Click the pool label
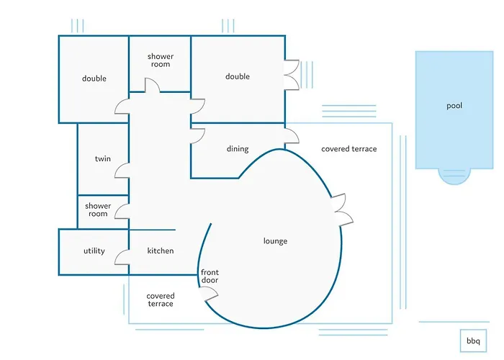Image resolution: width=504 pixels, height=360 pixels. tap(454, 106)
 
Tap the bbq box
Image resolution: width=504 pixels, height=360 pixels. tap(472, 341)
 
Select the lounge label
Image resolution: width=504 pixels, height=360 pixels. tap(275, 241)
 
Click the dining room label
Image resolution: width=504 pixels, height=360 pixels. tap(238, 149)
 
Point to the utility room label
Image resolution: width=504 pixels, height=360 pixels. tap(94, 251)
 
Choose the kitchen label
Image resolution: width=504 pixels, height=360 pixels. tap(161, 251)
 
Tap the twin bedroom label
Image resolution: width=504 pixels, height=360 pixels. tap(103, 158)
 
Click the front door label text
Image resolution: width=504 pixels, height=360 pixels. tap(210, 276)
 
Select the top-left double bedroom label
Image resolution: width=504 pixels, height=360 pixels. tap(94, 78)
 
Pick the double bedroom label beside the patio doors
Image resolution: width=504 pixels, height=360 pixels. tap(238, 76)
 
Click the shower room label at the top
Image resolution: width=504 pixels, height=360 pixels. tap(160, 60)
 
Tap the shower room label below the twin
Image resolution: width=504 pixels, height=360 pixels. tap(98, 210)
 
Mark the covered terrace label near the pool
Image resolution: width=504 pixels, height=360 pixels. tap(348, 149)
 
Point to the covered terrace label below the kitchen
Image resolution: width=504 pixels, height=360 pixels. tap(160, 300)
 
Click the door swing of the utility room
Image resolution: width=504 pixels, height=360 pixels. tap(122, 257)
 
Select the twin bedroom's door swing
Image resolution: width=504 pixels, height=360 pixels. tap(122, 171)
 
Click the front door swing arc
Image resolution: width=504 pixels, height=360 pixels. tap(210, 294)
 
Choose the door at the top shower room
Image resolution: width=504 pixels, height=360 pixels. tap(152, 86)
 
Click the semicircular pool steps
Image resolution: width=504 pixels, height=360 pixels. tap(454, 176)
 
